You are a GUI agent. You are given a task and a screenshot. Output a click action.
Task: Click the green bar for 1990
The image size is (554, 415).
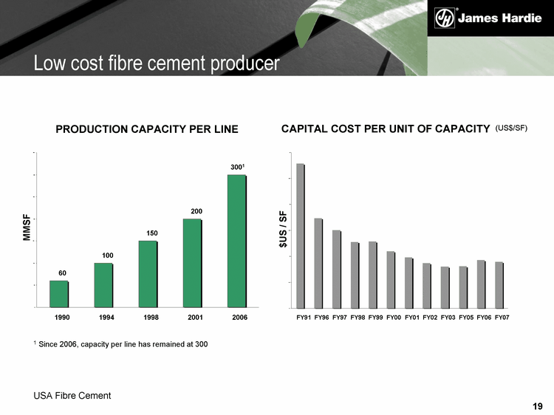[59, 293]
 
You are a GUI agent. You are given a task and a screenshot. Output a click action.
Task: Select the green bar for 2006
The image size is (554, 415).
[236, 240]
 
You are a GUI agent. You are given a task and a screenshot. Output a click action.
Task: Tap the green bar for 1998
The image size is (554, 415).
[148, 273]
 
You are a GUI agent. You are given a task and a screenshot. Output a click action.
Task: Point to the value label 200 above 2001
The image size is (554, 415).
[192, 211]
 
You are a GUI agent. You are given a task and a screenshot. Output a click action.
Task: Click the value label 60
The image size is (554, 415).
[62, 273]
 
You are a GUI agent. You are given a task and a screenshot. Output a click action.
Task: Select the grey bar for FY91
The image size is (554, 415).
[301, 236]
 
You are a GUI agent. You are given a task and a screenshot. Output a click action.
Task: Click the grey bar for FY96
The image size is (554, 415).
[318, 263]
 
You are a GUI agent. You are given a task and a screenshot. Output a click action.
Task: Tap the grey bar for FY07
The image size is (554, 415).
[499, 284]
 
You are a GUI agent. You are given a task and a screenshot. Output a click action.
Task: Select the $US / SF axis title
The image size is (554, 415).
[282, 229]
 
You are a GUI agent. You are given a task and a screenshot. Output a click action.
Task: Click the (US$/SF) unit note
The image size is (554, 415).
[511, 128]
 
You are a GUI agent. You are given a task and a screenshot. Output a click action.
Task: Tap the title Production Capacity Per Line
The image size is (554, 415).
[147, 129]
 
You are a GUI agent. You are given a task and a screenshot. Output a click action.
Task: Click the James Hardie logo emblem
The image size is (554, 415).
[444, 18]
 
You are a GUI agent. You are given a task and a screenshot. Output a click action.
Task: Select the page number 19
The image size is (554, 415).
[537, 406]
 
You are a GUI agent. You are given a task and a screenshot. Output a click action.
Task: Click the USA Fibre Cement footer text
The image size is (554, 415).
[72, 396]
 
